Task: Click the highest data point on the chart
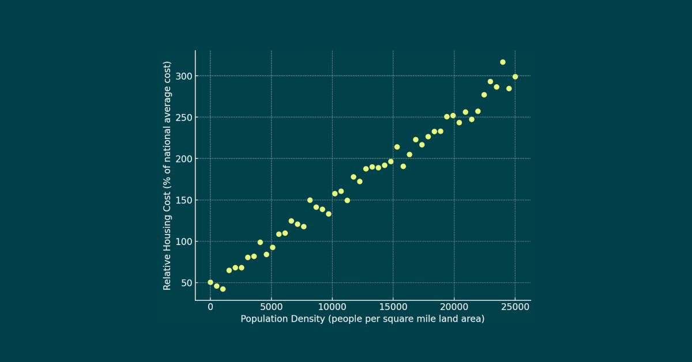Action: [x=503, y=62]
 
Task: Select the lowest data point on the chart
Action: [x=223, y=289]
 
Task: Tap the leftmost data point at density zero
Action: [x=210, y=282]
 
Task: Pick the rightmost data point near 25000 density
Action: [x=515, y=77]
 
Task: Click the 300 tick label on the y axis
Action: [x=183, y=76]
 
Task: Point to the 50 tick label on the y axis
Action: [x=186, y=283]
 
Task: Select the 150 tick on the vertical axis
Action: [x=183, y=200]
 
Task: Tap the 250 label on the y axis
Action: [x=183, y=118]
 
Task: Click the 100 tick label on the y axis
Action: [x=183, y=242]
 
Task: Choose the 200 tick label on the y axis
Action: [x=183, y=159]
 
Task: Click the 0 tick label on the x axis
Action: [x=210, y=307]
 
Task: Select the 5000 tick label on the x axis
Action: [x=271, y=307]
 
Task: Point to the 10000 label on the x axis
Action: [x=332, y=307]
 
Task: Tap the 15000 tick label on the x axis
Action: [x=393, y=307]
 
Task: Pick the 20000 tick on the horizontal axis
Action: [x=454, y=307]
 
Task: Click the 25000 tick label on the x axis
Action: [x=515, y=307]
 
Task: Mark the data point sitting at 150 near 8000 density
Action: [x=310, y=200]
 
